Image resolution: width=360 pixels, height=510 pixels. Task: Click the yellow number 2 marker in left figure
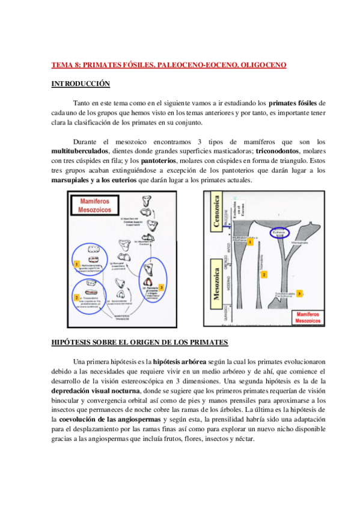76,297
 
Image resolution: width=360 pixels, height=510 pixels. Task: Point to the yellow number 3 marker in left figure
162,271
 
